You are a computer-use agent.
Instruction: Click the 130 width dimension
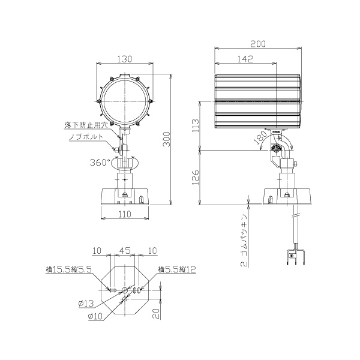click(x=125, y=59)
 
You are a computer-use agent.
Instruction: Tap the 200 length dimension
click(x=258, y=44)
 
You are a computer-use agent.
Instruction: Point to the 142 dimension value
click(x=245, y=59)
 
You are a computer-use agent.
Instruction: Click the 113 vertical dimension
click(x=196, y=125)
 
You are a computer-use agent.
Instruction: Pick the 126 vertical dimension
click(x=196, y=178)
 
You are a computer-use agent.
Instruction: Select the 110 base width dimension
click(x=125, y=214)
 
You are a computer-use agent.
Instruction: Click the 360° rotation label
click(x=100, y=163)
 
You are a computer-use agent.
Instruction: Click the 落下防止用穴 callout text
click(x=86, y=125)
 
